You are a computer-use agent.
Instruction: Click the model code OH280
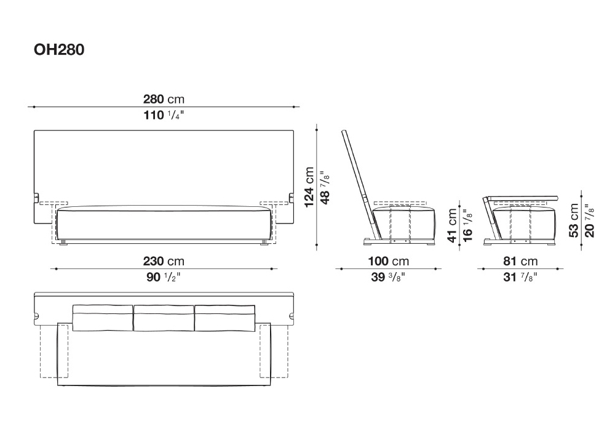59,50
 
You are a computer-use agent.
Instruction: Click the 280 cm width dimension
164,99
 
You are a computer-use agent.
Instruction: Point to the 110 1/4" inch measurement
164,115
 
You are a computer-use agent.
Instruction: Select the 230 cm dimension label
164,261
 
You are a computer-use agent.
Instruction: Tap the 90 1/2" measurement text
164,277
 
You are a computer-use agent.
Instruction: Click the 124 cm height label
309,187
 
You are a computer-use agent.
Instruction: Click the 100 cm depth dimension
388,261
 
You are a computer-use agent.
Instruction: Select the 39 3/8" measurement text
388,277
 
